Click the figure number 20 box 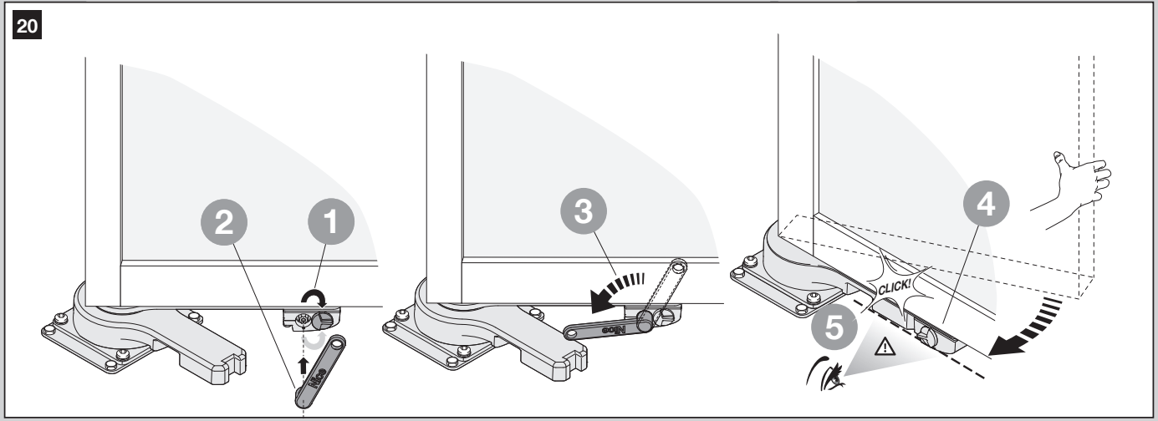[x=27, y=25]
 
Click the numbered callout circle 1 [x=331, y=221]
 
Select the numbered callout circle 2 [x=224, y=223]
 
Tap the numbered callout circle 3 [x=584, y=212]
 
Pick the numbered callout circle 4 [x=987, y=204]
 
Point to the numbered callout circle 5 [x=834, y=327]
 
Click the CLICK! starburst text [x=894, y=287]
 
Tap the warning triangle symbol [x=885, y=346]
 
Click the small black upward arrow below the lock [x=304, y=366]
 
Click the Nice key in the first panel [x=320, y=370]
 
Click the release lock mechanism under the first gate [x=312, y=317]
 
